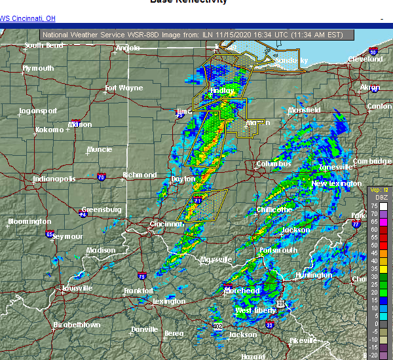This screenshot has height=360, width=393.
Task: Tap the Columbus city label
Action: [x=274, y=164]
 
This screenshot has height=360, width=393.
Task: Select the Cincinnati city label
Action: [x=166, y=224]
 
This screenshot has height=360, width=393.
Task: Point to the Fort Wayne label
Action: [x=123, y=88]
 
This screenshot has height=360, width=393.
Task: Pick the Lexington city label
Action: [x=169, y=301]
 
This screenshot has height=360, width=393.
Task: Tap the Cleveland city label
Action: [x=365, y=59]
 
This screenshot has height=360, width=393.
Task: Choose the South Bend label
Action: [x=45, y=46]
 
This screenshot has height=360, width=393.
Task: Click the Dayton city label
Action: [x=183, y=179]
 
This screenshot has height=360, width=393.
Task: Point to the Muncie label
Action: [x=99, y=149]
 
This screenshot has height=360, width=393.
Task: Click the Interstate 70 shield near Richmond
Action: [x=101, y=177]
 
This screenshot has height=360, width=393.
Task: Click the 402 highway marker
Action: [x=217, y=326]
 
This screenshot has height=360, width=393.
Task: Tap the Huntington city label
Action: [x=313, y=275]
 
